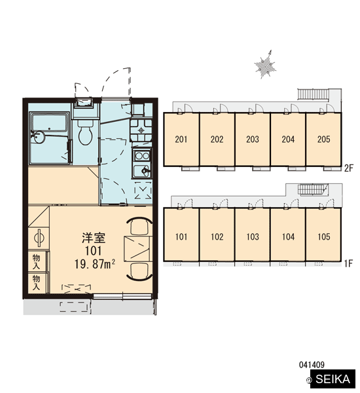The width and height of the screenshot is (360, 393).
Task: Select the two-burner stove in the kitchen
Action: (142, 156)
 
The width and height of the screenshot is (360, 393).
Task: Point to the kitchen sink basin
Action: (142, 171)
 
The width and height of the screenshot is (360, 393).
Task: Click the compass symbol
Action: (266, 65)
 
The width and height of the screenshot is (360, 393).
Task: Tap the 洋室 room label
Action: (94, 238)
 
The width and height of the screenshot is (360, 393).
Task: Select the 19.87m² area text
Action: (95, 264)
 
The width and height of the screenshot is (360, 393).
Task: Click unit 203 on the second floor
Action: (253, 139)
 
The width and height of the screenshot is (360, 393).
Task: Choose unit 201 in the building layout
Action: (181, 139)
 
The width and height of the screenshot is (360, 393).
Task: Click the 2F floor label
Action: (348, 168)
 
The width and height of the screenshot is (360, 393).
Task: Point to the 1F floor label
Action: (348, 263)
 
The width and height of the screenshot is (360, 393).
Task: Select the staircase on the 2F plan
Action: (313, 95)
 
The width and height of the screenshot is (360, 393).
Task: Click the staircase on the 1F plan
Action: (313, 189)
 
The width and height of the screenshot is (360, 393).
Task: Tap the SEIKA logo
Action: (333, 379)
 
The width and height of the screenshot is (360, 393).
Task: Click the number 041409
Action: (312, 365)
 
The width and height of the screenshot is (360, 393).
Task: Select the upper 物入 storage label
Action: (36, 262)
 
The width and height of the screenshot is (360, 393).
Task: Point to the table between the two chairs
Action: (138, 248)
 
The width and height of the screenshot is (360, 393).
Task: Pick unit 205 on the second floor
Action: (324, 139)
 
